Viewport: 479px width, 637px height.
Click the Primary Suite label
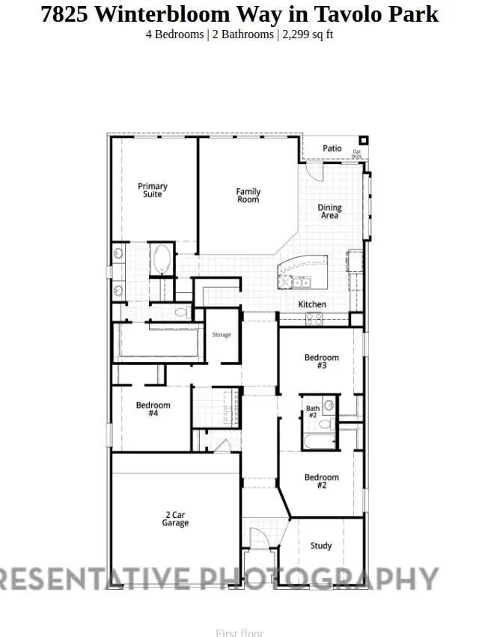(153, 190)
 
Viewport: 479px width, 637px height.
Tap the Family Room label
(248, 196)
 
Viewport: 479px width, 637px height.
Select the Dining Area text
(329, 211)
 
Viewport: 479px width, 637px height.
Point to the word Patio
(332, 148)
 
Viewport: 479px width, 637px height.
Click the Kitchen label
(312, 304)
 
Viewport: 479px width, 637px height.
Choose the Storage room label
(222, 334)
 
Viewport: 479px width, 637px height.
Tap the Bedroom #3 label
(322, 362)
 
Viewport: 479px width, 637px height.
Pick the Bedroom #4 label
(153, 409)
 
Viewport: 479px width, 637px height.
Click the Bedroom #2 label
(322, 481)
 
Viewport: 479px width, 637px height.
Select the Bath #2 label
(313, 411)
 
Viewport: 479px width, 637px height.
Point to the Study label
(321, 546)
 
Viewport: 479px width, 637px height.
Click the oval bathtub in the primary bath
(161, 259)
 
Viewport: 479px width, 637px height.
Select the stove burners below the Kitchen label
(314, 318)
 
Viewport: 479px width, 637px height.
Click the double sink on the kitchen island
(302, 283)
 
